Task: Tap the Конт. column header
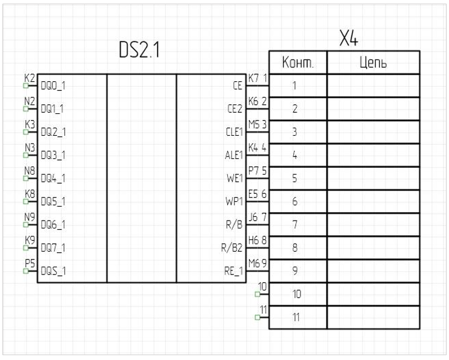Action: [x=297, y=63]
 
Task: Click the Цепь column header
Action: [x=373, y=63]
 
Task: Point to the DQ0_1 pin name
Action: [x=53, y=86]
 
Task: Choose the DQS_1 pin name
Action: [x=53, y=271]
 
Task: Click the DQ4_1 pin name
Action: [x=53, y=178]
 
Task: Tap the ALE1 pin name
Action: [x=233, y=155]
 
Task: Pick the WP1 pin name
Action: [x=234, y=201]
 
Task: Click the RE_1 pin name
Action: [x=233, y=271]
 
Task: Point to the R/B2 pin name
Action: [x=232, y=248]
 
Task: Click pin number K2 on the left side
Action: [x=29, y=78]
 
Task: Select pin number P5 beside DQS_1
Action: [x=29, y=263]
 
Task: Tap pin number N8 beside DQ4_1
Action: [x=29, y=171]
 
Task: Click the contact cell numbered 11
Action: [x=297, y=318]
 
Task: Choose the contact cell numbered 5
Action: [x=294, y=179]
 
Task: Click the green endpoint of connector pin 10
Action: [x=257, y=295]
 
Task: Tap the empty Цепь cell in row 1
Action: [x=373, y=86]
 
